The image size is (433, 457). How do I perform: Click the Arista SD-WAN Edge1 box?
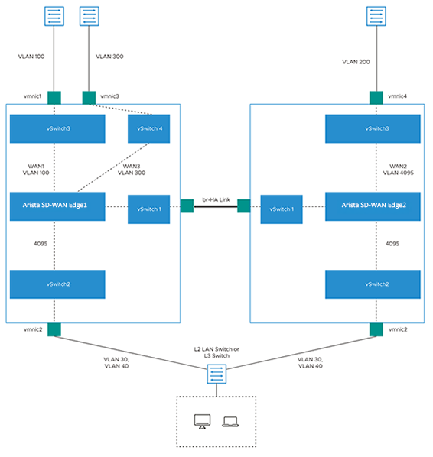click(57, 206)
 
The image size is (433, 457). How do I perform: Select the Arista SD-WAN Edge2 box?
click(373, 206)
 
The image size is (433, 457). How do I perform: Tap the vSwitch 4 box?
click(148, 129)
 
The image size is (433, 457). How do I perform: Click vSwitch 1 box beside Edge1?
click(148, 209)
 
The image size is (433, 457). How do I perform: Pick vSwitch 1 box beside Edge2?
click(282, 209)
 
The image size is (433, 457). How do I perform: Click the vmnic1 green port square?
click(54, 97)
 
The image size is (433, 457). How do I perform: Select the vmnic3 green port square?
click(88, 97)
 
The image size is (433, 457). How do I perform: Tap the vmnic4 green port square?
click(376, 97)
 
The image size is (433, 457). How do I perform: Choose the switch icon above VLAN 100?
click(54, 17)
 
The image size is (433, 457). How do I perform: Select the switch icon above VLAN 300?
click(89, 17)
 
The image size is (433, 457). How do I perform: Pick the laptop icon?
click(230, 421)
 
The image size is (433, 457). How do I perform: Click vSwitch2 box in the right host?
click(373, 284)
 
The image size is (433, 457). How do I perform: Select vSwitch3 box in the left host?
click(57, 129)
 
